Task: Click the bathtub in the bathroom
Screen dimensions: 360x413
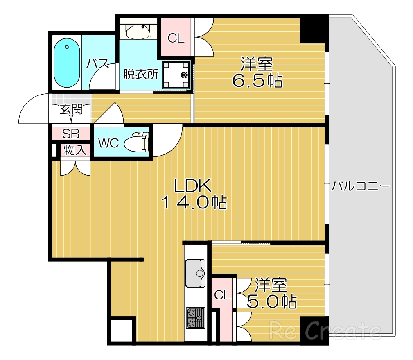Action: [x=66, y=63]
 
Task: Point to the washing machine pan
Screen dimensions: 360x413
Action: [x=176, y=75]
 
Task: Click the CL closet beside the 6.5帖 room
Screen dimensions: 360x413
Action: [x=176, y=38]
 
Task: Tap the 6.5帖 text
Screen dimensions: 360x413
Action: [x=257, y=81]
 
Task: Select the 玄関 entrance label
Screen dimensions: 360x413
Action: [x=71, y=109]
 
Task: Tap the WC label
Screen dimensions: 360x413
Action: [x=108, y=143]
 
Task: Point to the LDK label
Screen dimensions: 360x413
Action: [x=192, y=186]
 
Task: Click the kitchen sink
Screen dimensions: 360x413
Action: [x=196, y=273]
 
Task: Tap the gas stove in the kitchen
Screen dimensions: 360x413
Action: [x=195, y=317]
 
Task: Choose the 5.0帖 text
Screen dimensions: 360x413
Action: [x=272, y=301]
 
